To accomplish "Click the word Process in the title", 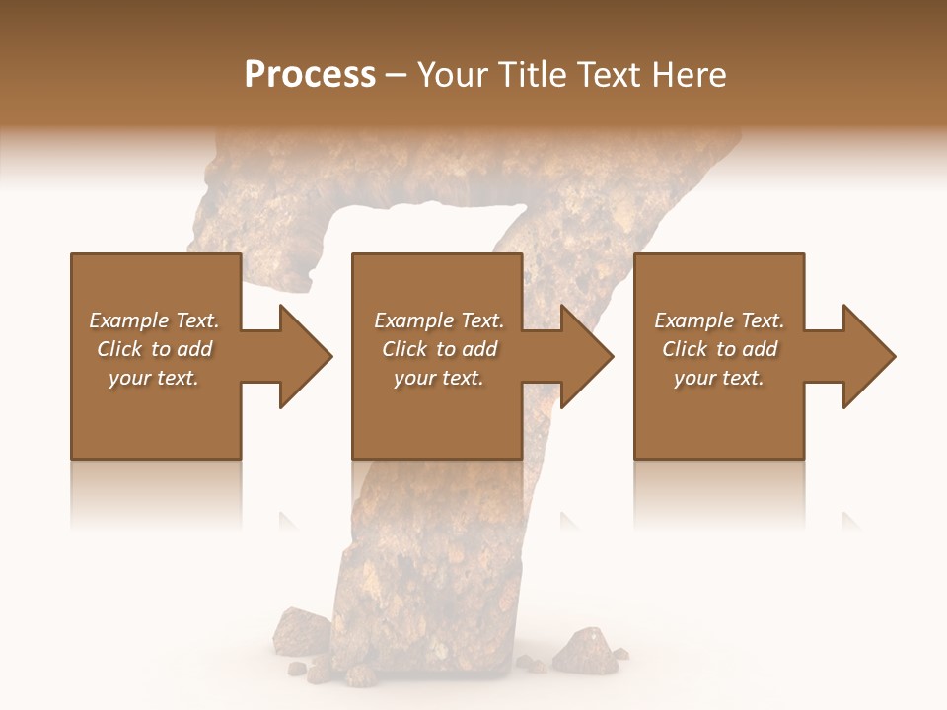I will coord(310,75).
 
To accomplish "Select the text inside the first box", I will coord(155,349).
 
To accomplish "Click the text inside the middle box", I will coord(438,349).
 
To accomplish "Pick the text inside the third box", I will coord(719,349).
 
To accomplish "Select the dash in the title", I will coord(397,75).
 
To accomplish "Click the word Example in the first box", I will coord(129,320).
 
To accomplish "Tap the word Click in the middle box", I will coord(403,349).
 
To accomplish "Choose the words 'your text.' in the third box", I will coord(719,378).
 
